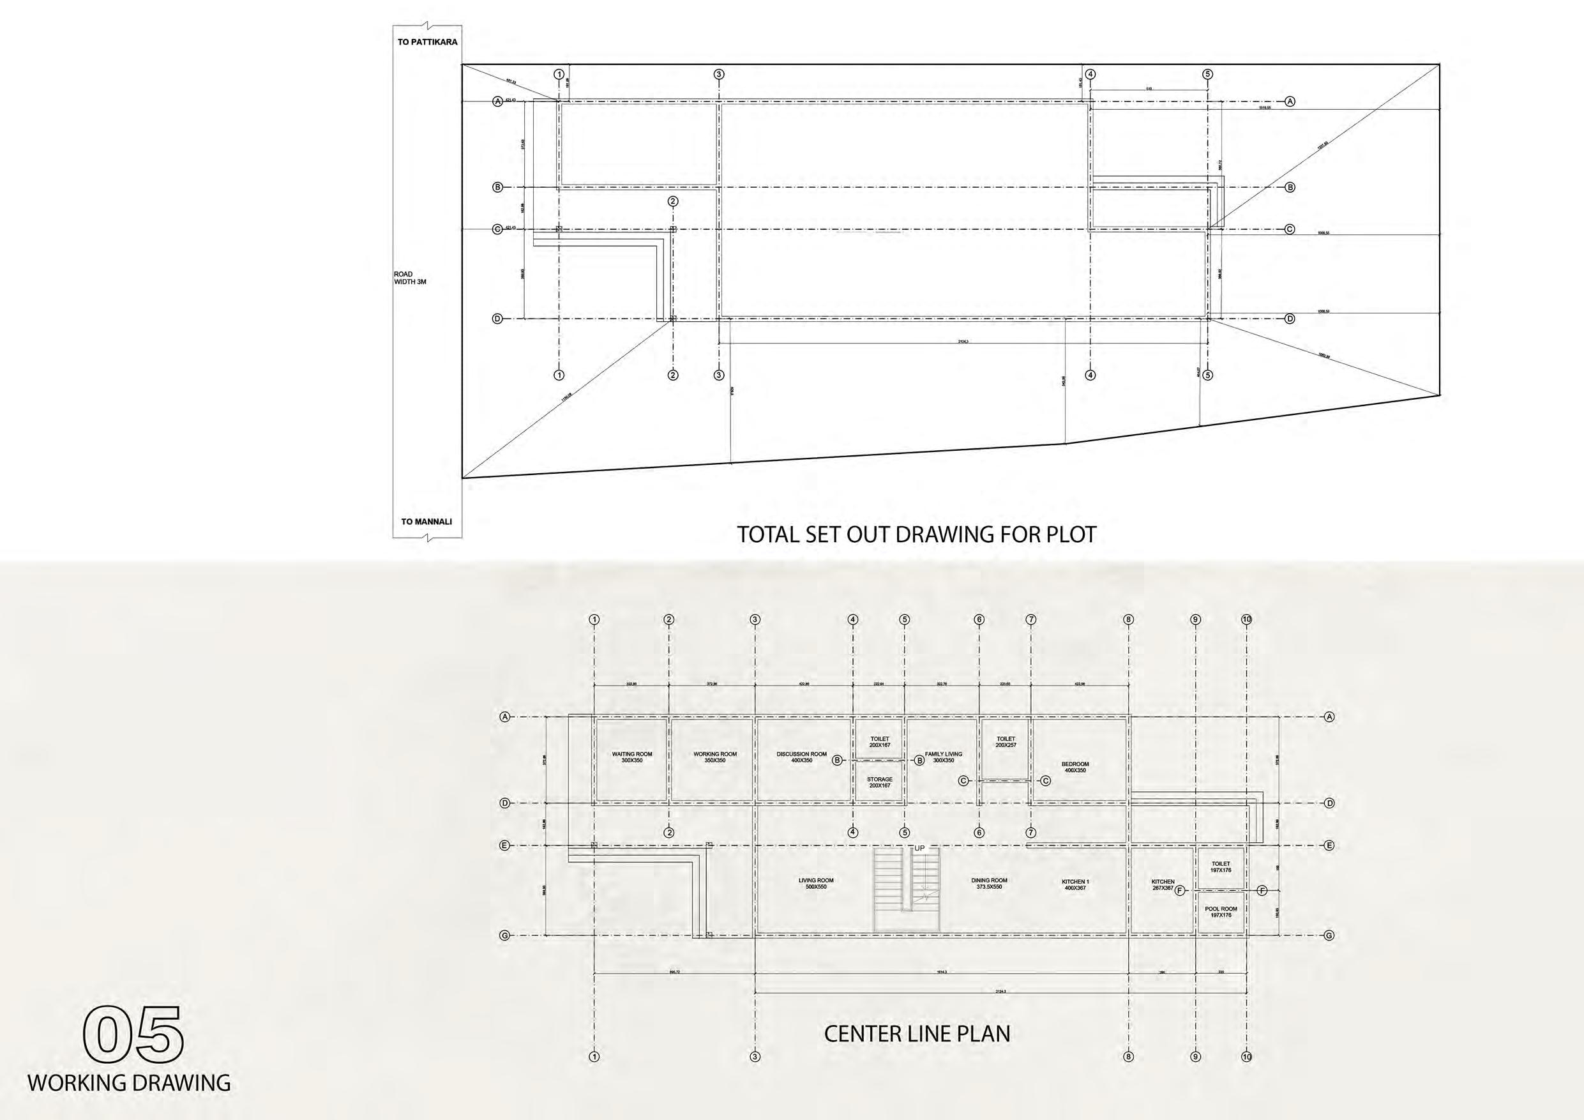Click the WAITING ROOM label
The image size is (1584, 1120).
point(631,757)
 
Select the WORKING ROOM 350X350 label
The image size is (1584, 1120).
point(714,757)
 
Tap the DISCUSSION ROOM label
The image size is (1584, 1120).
point(801,757)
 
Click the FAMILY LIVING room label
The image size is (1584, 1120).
point(943,757)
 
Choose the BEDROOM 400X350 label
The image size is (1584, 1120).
point(1075,767)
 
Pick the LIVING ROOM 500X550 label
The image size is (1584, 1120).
point(816,883)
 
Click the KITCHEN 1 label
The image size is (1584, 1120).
point(1075,884)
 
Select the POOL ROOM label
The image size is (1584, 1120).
point(1221,912)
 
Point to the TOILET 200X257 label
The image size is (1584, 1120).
point(1005,742)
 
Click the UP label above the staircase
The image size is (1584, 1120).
point(919,848)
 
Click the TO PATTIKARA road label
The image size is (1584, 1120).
point(427,42)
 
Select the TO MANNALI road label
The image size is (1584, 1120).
point(426,522)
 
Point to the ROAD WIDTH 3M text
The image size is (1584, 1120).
point(410,278)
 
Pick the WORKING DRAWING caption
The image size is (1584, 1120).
point(129,1083)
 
